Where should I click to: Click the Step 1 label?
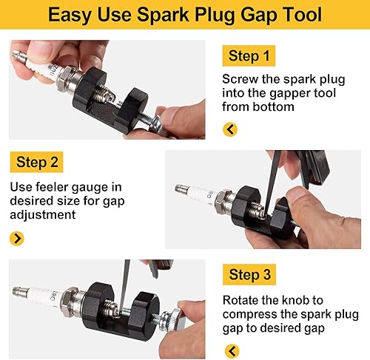[x=249, y=57]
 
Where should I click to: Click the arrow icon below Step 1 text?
[x=230, y=129]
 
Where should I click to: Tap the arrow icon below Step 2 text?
[x=17, y=238]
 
